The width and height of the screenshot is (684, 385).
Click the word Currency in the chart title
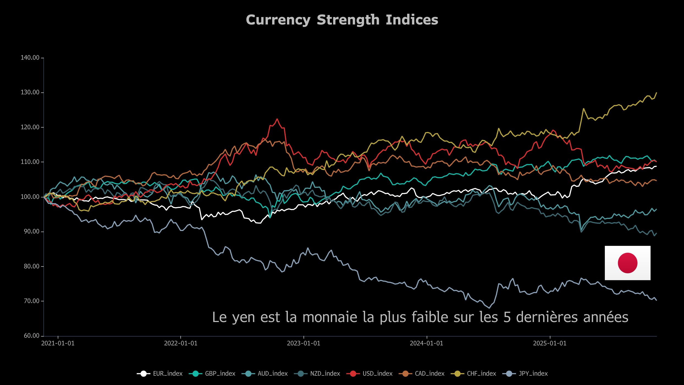[x=278, y=20]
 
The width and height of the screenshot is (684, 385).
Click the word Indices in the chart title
[x=412, y=20]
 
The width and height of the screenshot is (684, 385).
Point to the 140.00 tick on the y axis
[x=30, y=58]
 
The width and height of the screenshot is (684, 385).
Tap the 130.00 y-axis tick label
[x=30, y=92]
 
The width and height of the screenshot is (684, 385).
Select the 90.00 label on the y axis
[x=32, y=232]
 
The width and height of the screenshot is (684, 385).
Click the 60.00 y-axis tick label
[x=32, y=336]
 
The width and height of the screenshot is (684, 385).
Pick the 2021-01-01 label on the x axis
[x=58, y=343]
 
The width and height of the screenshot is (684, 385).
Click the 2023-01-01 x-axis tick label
[x=304, y=343]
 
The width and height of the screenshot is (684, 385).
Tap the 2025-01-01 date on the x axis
[x=550, y=343]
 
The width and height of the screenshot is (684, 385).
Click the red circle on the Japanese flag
[x=627, y=263]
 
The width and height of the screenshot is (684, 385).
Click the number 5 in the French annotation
[x=507, y=317]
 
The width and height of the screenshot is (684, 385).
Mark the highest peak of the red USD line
[x=277, y=119]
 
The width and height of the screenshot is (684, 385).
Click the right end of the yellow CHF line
[x=657, y=93]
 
